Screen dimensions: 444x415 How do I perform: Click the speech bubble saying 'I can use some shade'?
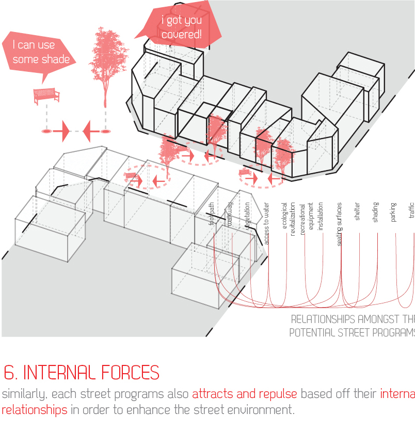coord(41,52)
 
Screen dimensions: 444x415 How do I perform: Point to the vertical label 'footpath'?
coord(211,214)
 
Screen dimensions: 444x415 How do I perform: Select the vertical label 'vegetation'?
coord(248,216)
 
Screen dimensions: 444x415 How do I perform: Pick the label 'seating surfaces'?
coord(339,224)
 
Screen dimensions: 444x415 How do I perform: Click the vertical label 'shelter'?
coord(357,211)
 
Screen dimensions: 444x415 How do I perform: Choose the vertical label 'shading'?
coord(375,212)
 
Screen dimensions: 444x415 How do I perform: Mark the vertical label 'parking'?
coord(393,212)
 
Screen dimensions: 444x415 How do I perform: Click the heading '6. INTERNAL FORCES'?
coord(81,372)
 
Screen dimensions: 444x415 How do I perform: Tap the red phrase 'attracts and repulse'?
coord(244,394)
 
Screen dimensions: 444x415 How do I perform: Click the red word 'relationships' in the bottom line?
coord(34,410)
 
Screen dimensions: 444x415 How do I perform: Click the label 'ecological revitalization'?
coord(289,219)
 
